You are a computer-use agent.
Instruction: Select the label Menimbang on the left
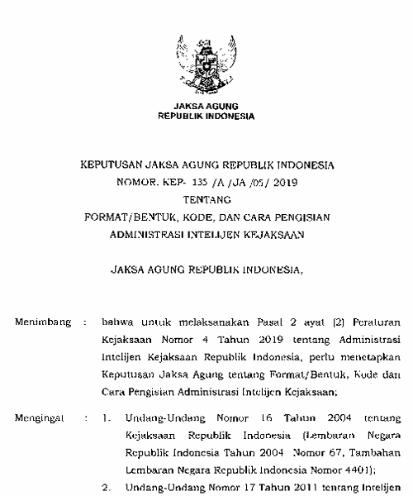[43, 317]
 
